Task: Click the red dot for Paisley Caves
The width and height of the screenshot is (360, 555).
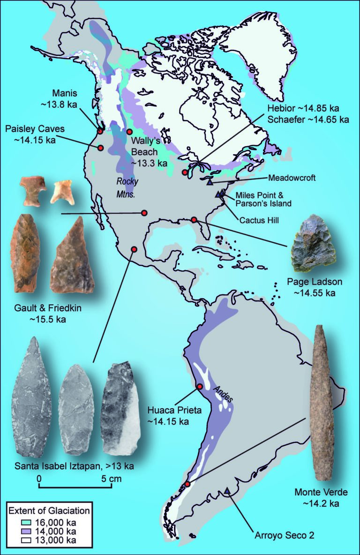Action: (x=100, y=148)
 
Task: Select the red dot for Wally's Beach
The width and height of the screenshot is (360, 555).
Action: (x=130, y=132)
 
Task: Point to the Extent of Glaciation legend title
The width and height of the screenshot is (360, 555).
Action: (x=49, y=510)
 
